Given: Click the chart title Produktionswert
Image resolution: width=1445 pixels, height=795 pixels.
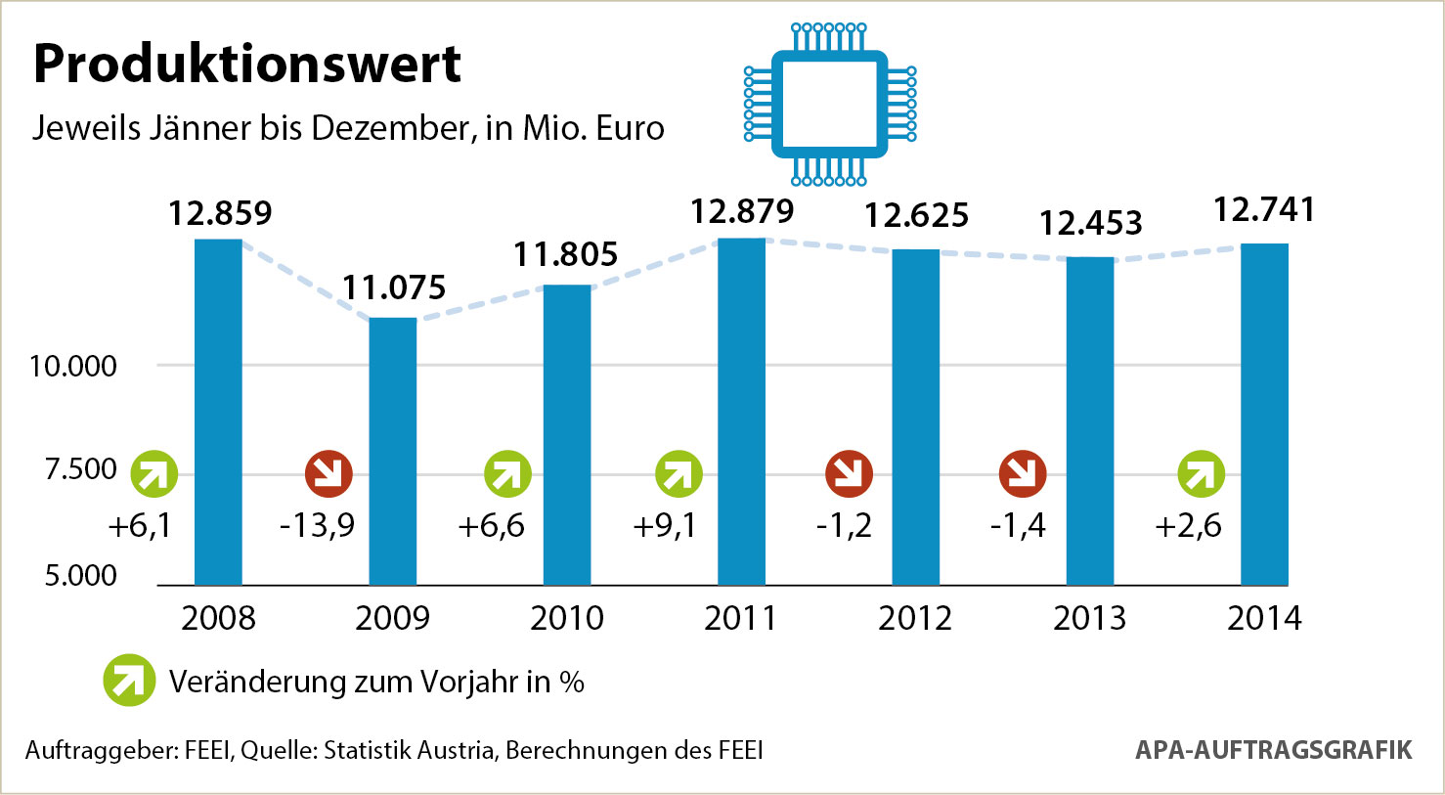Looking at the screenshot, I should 246,65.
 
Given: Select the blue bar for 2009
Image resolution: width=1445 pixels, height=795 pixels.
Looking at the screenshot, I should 392,450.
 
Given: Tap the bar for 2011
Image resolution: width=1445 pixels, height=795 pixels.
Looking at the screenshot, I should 741,411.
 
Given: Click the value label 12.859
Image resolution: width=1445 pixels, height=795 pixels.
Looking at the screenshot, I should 220,213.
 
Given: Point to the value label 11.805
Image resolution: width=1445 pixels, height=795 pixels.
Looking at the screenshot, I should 566,255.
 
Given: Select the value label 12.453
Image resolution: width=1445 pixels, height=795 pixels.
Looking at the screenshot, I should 1090,224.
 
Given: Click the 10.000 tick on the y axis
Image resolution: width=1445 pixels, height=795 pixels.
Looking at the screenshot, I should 73,367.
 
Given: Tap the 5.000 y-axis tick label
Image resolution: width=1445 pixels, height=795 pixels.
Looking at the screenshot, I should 81,576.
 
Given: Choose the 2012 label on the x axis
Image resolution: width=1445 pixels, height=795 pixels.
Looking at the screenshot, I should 915,619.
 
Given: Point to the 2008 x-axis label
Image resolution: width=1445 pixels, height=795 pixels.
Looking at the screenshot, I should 218,619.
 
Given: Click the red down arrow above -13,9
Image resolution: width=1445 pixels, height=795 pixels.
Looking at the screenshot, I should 328,474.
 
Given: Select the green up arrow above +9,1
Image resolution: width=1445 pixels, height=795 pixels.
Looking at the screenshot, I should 679,474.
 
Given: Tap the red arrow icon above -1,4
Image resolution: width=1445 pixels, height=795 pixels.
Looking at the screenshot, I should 1023,474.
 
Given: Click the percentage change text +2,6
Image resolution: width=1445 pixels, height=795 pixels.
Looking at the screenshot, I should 1188,526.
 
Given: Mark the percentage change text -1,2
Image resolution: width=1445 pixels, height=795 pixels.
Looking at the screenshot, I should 844,526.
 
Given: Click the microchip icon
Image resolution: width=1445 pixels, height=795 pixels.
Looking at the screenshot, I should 829,104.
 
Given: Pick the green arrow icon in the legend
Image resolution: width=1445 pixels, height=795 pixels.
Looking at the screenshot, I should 129,680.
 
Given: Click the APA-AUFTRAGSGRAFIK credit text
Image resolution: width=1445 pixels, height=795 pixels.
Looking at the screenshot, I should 1273,750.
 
